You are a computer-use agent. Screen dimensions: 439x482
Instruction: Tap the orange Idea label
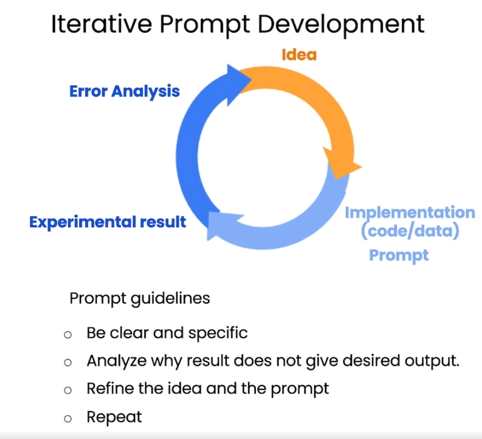point(299,54)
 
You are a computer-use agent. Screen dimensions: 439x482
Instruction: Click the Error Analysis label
point(125,91)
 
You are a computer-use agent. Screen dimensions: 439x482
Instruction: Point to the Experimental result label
point(108,222)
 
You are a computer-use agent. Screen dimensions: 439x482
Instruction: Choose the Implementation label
point(410,212)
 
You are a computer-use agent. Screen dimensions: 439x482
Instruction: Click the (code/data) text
point(410,232)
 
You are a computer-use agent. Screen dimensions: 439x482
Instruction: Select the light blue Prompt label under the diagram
point(399,255)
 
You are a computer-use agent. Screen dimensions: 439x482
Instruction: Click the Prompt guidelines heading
point(139,298)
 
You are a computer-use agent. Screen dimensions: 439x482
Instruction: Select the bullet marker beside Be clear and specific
point(68,334)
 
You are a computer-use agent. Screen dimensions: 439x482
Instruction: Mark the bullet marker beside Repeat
point(68,418)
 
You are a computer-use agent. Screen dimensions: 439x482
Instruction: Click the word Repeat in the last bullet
point(114,418)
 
